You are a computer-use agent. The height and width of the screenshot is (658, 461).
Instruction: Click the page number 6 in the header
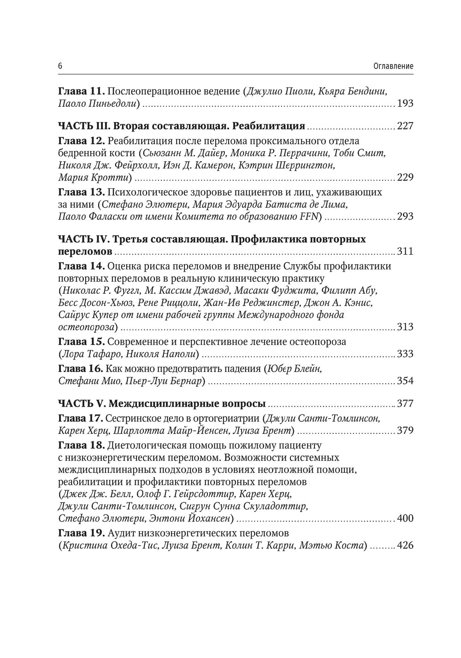pos(60,66)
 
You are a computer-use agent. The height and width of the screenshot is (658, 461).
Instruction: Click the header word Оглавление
pos(393,66)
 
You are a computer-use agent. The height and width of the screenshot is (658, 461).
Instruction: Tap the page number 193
pos(405,104)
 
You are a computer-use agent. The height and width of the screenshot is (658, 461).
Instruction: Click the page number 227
pos(405,126)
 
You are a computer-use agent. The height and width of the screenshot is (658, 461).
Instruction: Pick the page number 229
pos(405,178)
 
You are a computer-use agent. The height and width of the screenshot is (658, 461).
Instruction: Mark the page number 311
pos(405,252)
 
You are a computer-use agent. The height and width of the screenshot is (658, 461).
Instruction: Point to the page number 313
pos(405,327)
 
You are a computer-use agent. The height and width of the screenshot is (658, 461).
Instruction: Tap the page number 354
pos(405,381)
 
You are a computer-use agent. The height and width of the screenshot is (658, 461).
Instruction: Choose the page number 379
pos(405,431)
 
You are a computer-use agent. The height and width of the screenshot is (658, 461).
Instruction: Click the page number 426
pos(405,546)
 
